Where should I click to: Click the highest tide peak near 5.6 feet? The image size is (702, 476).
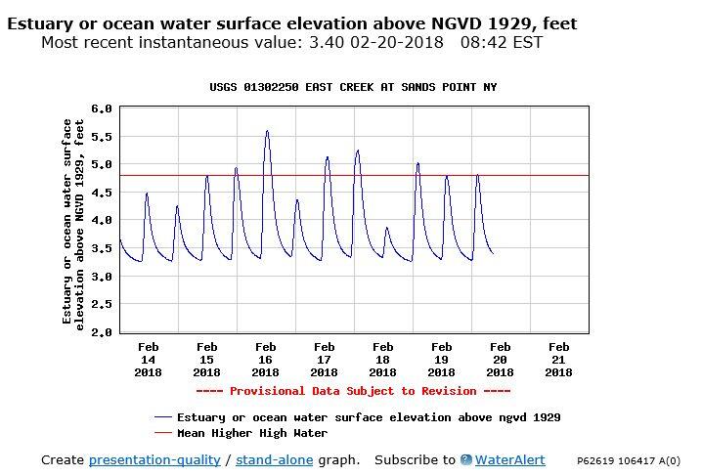pos(266,131)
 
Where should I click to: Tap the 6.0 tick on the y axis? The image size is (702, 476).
pos(102,108)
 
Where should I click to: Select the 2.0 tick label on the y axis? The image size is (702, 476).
pos(102,333)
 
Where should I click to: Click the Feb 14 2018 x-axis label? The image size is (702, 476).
pos(148,359)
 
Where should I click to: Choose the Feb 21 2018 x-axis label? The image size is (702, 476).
pos(558,359)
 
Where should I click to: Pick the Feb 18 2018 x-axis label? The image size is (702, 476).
pos(382,359)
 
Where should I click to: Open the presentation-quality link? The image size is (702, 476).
pos(154,459)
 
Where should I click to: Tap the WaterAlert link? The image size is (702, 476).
pos(509,459)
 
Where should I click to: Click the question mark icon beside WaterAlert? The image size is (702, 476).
pos(466,459)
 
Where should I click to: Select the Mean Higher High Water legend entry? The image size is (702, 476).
pos(252,432)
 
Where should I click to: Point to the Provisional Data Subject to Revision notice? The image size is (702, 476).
pos(353,391)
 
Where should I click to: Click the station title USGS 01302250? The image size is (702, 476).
pos(353,87)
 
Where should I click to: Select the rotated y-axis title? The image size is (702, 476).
pos(73,221)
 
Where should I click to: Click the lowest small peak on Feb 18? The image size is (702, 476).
pos(387,229)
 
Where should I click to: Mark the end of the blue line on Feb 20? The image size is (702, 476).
pos(493,254)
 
